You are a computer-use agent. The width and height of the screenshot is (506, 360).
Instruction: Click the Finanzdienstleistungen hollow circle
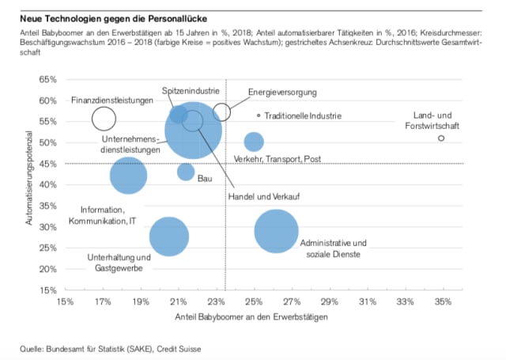[x=104, y=119]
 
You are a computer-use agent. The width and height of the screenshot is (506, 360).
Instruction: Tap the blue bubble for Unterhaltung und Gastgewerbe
[x=168, y=236]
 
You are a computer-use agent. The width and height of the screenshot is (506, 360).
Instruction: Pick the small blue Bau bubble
[x=186, y=172]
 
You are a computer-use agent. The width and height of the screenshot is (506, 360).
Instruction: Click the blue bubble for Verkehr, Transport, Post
[x=253, y=142]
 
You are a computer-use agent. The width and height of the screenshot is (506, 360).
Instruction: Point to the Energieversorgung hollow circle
[x=221, y=112]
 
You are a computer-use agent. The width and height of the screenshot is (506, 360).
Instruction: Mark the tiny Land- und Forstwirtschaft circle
[x=441, y=138]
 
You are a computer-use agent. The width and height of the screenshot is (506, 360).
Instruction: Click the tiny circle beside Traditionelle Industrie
[x=259, y=116]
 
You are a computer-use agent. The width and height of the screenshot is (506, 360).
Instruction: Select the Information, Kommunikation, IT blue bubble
[x=128, y=176]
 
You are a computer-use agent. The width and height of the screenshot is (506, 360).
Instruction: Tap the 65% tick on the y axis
[x=47, y=80]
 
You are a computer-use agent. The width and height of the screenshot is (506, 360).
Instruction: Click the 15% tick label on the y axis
[x=47, y=290]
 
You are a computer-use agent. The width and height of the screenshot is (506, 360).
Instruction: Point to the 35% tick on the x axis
[x=442, y=301]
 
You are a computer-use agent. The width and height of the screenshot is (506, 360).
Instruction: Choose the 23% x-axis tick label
[x=215, y=301]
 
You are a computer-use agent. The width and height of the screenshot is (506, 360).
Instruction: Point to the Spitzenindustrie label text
[x=191, y=92]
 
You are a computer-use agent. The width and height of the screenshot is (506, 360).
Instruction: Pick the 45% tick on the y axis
[x=47, y=164]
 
